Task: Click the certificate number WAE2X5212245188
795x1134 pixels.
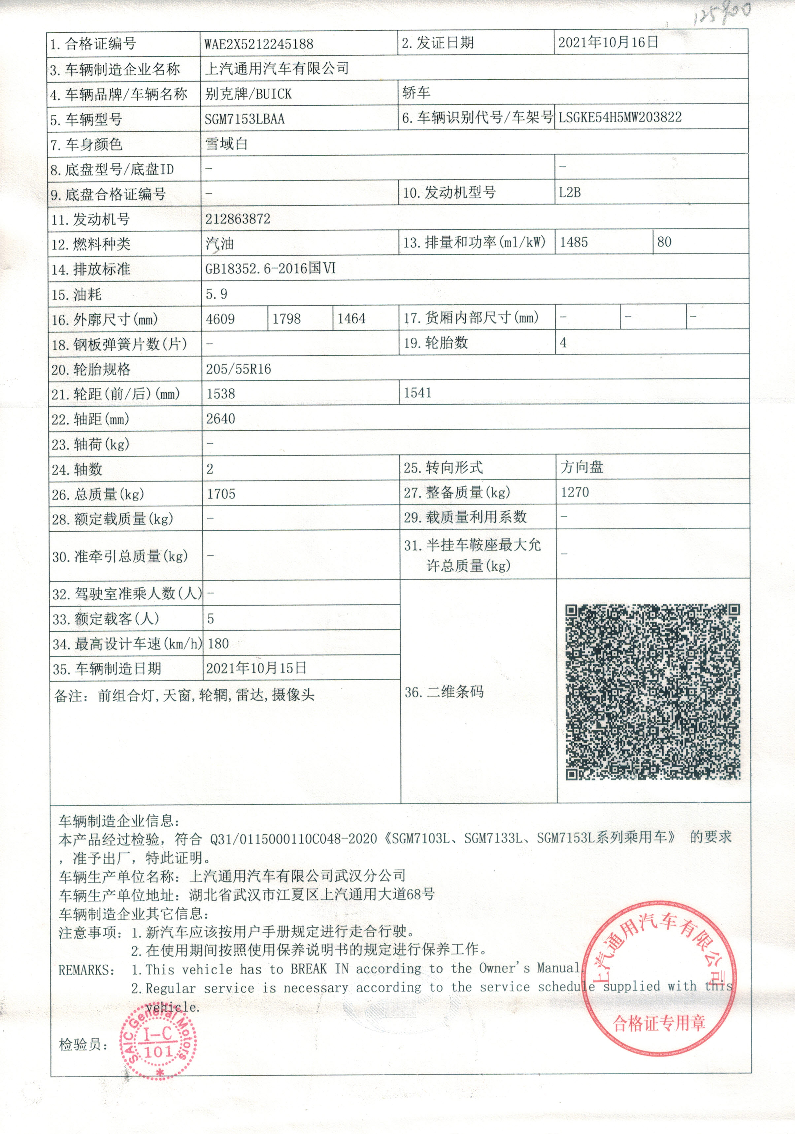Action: click(x=259, y=44)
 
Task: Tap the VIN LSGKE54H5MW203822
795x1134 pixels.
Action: click(x=620, y=117)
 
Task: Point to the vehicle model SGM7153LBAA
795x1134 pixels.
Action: click(x=245, y=119)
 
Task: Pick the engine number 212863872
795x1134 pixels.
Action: click(x=238, y=219)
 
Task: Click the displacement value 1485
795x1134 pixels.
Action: click(x=574, y=242)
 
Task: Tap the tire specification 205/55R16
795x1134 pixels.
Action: click(x=239, y=369)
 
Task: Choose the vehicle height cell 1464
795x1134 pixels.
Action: click(x=351, y=318)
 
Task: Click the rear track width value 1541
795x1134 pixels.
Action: click(x=418, y=393)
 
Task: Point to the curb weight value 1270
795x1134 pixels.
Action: click(x=575, y=492)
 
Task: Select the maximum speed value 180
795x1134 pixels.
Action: click(x=218, y=644)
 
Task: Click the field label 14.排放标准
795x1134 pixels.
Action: click(x=91, y=269)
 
